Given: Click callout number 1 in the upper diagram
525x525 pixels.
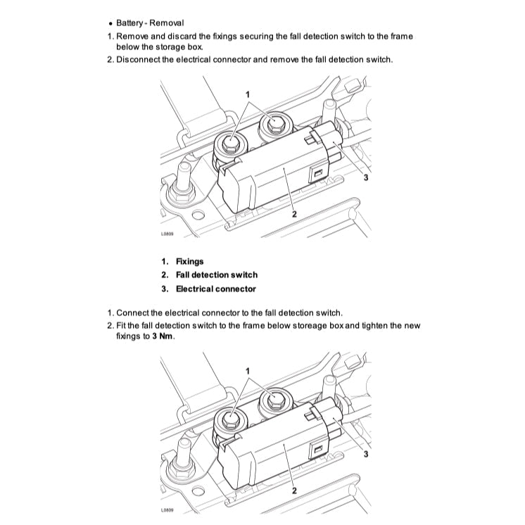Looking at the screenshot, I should (248, 93).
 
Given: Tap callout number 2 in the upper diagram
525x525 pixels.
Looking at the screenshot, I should (293, 213).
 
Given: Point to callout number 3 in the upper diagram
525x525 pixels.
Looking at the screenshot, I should (365, 178).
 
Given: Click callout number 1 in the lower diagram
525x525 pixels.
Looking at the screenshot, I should (248, 369).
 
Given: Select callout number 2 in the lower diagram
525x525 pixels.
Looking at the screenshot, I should (293, 489).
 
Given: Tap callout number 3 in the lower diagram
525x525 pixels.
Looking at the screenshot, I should (365, 454).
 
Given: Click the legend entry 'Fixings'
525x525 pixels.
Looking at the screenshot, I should (189, 261).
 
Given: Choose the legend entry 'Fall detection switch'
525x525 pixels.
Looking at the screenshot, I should (216, 274).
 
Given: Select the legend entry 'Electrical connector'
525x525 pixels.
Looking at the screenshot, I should (215, 289).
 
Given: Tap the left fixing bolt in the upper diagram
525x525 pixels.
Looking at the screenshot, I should (230, 144).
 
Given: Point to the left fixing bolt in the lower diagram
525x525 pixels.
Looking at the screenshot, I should (230, 419).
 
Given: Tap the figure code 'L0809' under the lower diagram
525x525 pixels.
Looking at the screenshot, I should (167, 515).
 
